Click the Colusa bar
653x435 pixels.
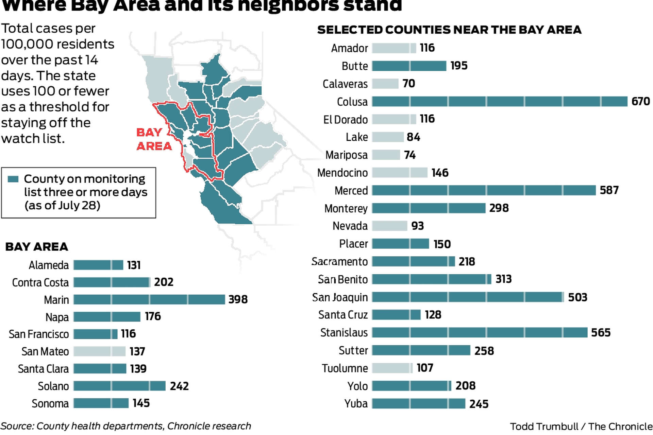tap(499, 101)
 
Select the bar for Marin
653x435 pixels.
tap(149, 299)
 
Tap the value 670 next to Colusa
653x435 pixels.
tap(640, 101)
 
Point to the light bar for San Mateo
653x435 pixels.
tap(99, 351)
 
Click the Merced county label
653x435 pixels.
tap(351, 191)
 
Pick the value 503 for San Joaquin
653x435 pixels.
tap(577, 297)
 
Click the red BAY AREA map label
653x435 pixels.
tap(154, 139)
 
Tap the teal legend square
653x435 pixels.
tap(13, 179)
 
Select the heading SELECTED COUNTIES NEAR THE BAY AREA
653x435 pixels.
tap(449, 30)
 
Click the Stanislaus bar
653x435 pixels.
tap(480, 332)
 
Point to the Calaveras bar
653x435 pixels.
tap(385, 84)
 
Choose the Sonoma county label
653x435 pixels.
tap(50, 403)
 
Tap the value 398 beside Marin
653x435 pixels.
tap(238, 299)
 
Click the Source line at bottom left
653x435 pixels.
tap(126, 426)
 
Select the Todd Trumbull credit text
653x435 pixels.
tap(581, 427)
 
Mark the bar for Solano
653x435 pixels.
tap(119, 386)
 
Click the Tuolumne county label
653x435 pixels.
tap(345, 368)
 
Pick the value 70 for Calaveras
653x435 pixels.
tap(408, 84)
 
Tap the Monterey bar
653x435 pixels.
tap(429, 208)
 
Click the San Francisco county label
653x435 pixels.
tap(39, 334)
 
